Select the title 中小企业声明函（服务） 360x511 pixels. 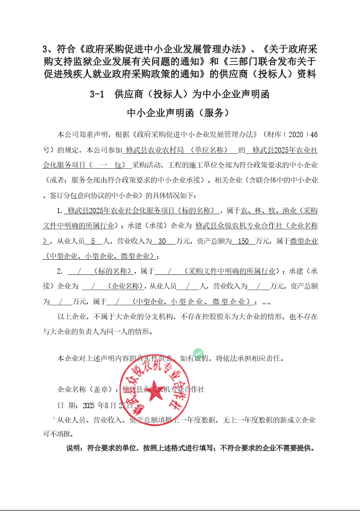tap(179, 113)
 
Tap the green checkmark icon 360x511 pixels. tap(198, 352)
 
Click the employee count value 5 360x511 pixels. tap(93, 241)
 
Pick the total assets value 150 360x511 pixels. tap(244, 241)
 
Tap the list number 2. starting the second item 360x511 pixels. tap(60, 270)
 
